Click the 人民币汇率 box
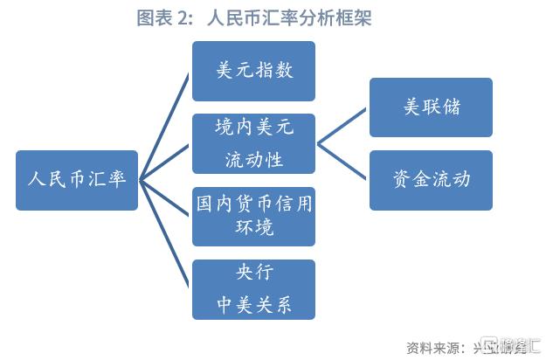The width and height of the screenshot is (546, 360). [77, 180]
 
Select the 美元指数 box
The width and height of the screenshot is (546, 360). [253, 71]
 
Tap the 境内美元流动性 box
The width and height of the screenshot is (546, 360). [253, 143]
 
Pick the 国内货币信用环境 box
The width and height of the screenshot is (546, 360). [253, 216]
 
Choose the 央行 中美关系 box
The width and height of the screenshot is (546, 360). [253, 289]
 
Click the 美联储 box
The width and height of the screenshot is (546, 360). [431, 107]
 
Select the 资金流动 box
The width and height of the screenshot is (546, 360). [431, 180]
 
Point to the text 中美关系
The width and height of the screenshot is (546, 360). [253, 305]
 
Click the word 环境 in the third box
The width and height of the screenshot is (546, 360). [253, 229]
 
